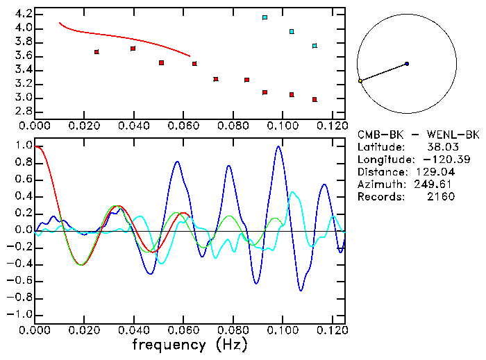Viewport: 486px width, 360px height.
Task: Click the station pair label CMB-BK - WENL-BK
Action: pos(418,135)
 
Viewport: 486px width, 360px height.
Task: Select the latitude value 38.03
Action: pos(441,147)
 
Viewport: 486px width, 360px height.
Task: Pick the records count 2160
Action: pos(441,197)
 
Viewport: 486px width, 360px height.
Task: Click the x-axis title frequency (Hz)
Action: pos(189,344)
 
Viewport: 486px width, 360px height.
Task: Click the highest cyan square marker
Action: pos(265,17)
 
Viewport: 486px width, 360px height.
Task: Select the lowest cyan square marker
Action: pos(315,46)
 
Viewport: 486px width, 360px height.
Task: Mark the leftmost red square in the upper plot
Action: pos(97,52)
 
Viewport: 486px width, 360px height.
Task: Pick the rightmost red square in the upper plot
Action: pos(315,100)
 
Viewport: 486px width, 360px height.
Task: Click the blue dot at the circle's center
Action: pos(407,64)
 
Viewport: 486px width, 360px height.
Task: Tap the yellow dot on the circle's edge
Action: pos(360,81)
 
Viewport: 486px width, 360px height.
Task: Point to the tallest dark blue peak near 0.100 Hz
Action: pos(278,146)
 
